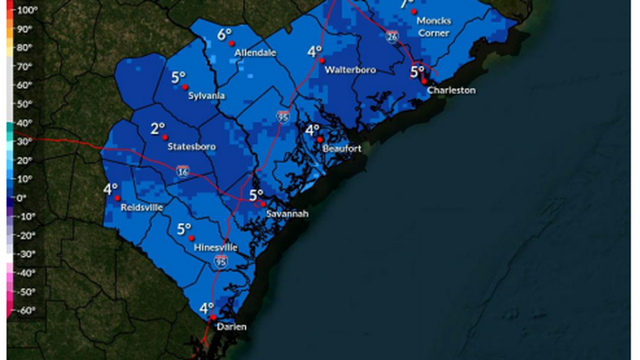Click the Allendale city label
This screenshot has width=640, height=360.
[x=255, y=53]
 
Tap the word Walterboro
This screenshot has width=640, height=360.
[x=350, y=70]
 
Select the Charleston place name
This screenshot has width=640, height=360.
[x=451, y=90]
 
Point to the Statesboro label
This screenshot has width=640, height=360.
[x=191, y=147]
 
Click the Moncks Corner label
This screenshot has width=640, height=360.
[x=433, y=27]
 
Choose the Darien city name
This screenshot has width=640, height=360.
[x=231, y=327]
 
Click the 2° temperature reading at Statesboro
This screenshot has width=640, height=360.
[x=158, y=129]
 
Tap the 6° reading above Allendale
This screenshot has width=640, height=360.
[x=225, y=35]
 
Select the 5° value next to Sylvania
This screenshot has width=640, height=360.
[x=178, y=78]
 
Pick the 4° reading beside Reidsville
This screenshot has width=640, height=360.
[x=110, y=189]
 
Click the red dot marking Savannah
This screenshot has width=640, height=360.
[x=263, y=204]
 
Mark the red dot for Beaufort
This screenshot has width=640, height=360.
[x=319, y=139]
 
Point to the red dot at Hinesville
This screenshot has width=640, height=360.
[x=191, y=238]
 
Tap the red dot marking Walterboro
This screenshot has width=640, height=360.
[x=322, y=60]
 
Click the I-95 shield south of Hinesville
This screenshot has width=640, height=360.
[x=221, y=261]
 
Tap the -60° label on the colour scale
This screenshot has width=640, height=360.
[x=25, y=310]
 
